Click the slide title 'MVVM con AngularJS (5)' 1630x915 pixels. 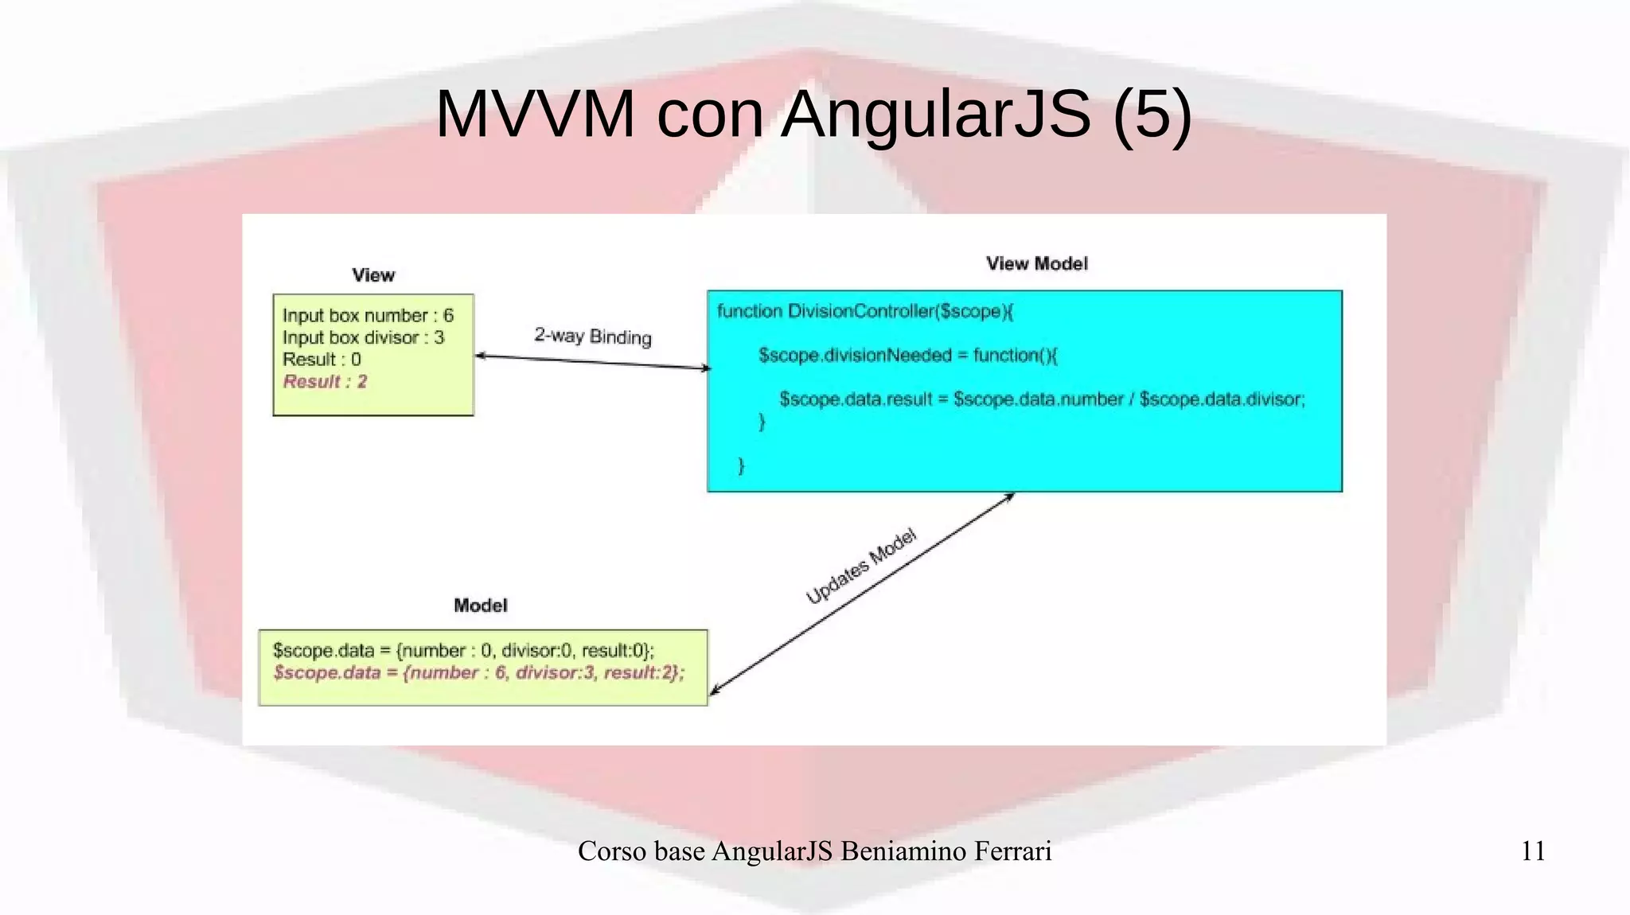point(813,114)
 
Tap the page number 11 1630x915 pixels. point(1533,851)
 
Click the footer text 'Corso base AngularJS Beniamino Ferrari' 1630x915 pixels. point(814,851)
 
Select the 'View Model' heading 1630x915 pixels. point(1036,263)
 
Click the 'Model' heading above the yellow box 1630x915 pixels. point(480,605)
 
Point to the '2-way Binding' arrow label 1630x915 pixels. point(593,336)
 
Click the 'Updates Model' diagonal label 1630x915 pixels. point(861,566)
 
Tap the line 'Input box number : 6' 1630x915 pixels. point(368,315)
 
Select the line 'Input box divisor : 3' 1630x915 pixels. point(363,337)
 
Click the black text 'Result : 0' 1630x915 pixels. point(322,360)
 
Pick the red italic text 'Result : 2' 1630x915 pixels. point(325,382)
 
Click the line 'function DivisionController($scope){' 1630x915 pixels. point(865,311)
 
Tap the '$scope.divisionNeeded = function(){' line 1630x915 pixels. point(908,355)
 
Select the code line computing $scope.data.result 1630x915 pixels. point(1042,399)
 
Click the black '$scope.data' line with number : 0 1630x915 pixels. point(463,650)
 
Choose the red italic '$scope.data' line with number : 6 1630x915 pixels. point(478,672)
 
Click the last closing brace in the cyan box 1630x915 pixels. point(742,465)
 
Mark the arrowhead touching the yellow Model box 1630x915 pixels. point(714,691)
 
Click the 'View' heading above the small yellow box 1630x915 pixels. point(373,275)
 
